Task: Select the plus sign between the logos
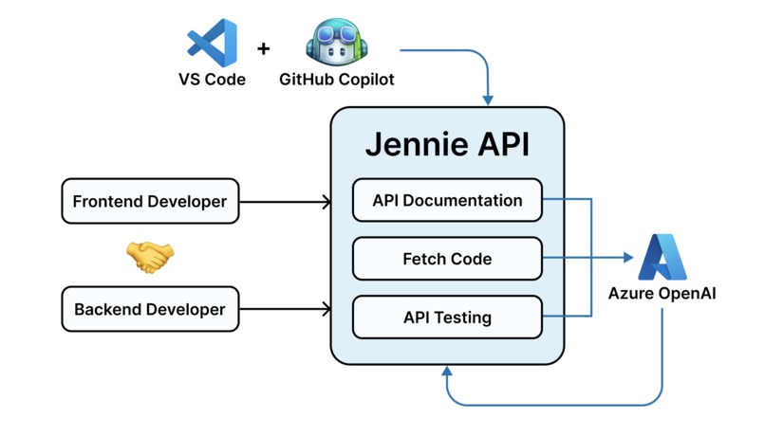click(264, 47)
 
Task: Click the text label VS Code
click(212, 80)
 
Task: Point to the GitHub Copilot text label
click(336, 80)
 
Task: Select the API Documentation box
click(447, 201)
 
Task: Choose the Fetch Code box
click(447, 258)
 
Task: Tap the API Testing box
click(447, 317)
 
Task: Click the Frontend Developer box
click(150, 201)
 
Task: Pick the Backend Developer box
click(150, 309)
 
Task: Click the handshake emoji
click(150, 256)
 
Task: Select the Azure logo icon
click(662, 257)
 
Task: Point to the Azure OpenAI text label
click(662, 294)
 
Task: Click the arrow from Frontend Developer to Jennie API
click(285, 201)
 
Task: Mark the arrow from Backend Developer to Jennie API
click(285, 309)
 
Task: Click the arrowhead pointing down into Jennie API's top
click(489, 99)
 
